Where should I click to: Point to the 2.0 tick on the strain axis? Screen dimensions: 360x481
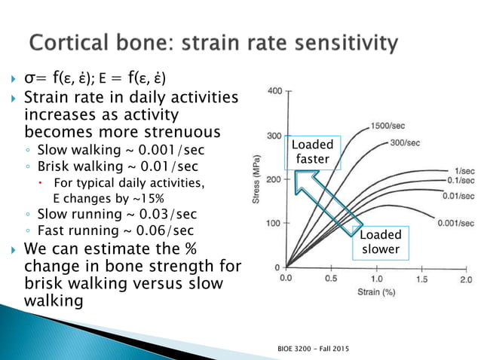point(464,279)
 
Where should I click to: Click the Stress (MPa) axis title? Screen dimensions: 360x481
point(256,178)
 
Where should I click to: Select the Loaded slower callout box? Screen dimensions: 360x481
point(381,242)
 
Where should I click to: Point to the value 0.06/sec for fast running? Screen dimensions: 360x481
point(161,230)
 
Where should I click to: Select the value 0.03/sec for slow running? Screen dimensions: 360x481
point(165,214)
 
